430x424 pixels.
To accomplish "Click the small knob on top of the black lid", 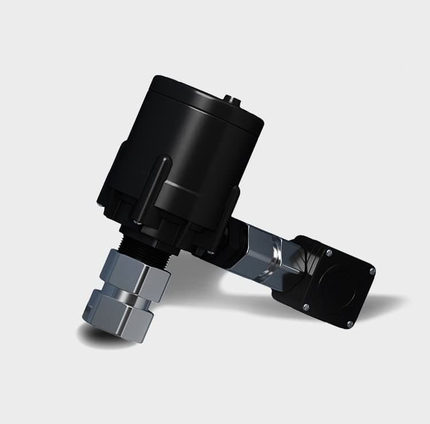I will [232, 101].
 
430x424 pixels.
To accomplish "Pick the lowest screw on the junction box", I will [349, 324].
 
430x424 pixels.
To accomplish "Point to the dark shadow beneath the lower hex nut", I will [103, 338].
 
